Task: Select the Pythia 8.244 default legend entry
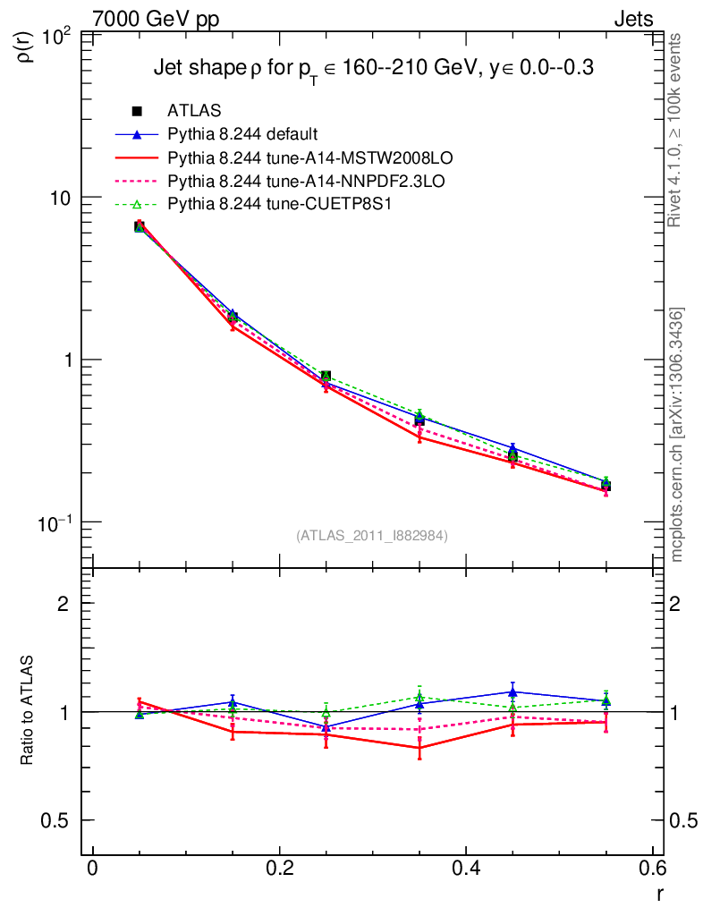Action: [x=242, y=135]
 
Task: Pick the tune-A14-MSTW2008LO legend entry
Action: [x=310, y=158]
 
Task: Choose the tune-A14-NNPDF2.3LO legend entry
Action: [x=306, y=182]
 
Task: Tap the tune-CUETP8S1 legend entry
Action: [x=280, y=205]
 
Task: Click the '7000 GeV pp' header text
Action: [x=156, y=19]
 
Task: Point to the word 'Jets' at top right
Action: [x=632, y=19]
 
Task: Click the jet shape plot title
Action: [x=374, y=69]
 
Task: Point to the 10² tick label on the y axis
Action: [x=60, y=36]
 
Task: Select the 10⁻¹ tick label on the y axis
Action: [x=58, y=522]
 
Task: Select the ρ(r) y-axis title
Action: [x=27, y=47]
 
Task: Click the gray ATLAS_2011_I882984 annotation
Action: [x=372, y=536]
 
